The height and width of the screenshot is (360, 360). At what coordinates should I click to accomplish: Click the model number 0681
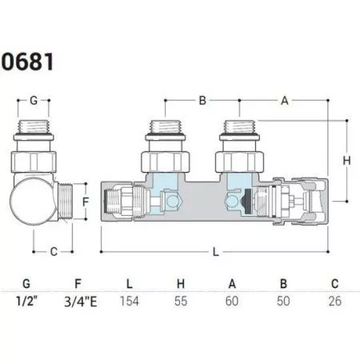27,62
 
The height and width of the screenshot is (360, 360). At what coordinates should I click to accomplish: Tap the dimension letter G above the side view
34,101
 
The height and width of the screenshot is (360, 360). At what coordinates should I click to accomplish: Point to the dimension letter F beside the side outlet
86,202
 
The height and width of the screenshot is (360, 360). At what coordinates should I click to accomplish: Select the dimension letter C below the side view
54,252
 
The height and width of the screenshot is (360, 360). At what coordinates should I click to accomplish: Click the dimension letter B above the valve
202,101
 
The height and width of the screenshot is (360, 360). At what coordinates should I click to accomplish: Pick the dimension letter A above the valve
285,101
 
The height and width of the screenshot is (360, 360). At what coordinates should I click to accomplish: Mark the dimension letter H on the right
346,161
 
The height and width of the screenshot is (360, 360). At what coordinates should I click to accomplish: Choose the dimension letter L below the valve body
216,252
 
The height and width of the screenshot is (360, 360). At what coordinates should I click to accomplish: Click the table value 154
130,302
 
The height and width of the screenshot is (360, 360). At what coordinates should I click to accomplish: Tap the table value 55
181,302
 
